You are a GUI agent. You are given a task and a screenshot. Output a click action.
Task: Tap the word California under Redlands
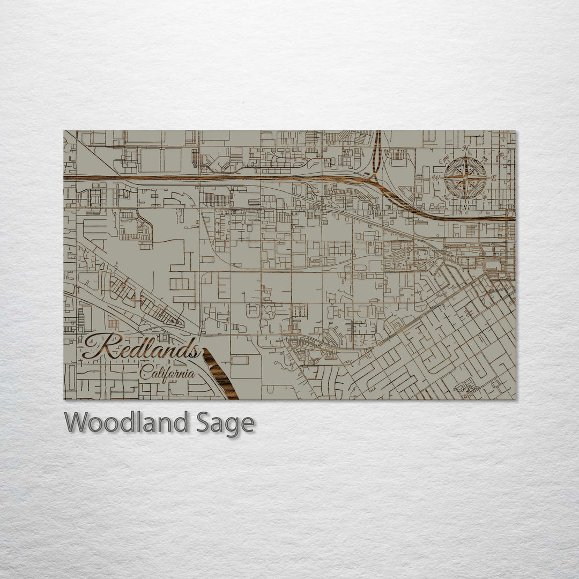(167, 372)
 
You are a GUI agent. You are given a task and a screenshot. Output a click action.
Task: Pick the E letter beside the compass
(494, 177)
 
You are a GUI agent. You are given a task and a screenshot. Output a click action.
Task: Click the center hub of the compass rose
(465, 177)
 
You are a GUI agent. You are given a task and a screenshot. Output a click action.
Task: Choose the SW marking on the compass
(446, 197)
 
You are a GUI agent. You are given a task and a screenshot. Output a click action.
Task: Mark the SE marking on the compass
(485, 197)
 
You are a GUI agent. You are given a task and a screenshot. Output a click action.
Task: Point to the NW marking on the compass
(446, 158)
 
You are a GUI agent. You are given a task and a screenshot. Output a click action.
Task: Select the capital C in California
(144, 372)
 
